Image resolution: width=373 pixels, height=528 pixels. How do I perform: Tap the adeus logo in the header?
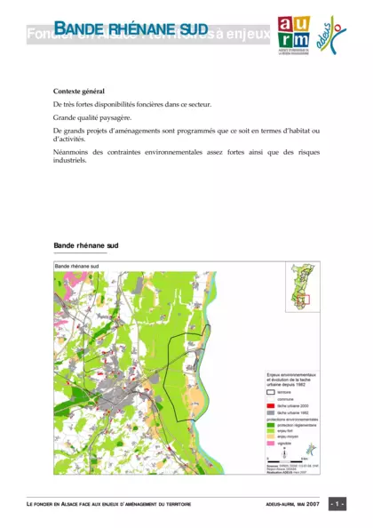(x=331, y=34)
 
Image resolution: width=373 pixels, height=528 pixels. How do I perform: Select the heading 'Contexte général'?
(x=78, y=92)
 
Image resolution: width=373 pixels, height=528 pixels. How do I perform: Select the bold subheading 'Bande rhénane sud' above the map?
(x=85, y=244)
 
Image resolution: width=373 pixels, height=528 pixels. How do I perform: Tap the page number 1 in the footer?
(x=337, y=504)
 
